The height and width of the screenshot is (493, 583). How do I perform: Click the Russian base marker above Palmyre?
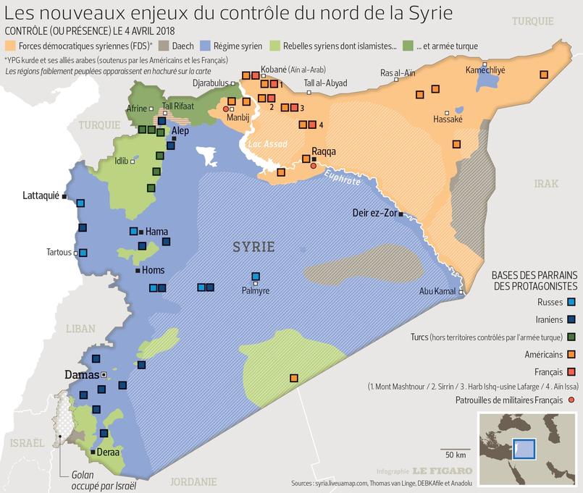(256, 276)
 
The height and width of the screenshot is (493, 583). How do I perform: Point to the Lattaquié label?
(41, 196)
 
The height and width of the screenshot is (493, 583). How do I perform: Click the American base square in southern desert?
(294, 378)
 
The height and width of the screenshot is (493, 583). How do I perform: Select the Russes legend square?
(571, 301)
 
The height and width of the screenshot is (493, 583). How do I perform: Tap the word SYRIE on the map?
(253, 247)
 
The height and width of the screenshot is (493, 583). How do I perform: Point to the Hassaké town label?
(447, 119)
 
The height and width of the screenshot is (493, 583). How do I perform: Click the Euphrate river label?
(342, 178)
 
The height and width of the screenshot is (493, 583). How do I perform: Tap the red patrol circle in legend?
(571, 399)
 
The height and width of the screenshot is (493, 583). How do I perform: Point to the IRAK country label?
(546, 185)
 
